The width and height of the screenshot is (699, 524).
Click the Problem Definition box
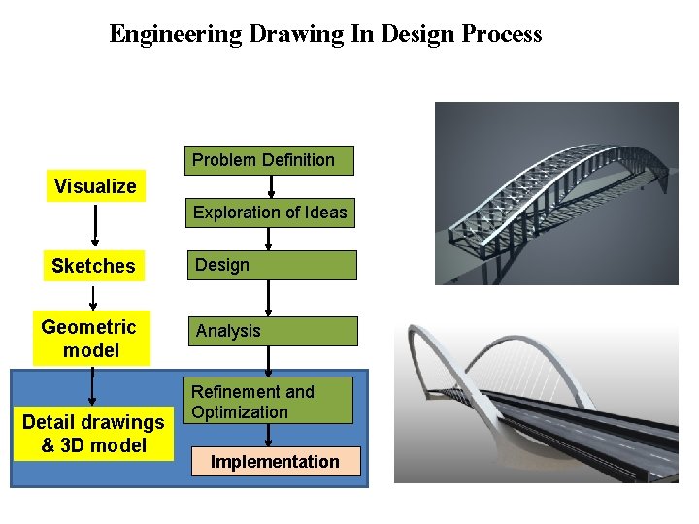(269, 160)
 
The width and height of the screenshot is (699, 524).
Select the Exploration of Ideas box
(270, 213)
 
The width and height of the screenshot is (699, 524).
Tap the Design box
(272, 265)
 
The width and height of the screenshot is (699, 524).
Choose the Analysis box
(272, 331)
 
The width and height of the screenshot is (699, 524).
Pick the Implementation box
(276, 462)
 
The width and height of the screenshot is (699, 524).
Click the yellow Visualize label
(95, 186)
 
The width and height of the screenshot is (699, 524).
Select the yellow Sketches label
(93, 266)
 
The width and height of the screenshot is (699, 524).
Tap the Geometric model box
(91, 339)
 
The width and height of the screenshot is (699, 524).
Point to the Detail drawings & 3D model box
(93, 434)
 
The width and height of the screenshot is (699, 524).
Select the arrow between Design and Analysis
(270, 298)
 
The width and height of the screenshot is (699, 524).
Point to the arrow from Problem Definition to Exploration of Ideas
(270, 186)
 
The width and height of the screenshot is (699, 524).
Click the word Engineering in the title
(176, 34)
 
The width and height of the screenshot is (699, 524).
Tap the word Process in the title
(502, 34)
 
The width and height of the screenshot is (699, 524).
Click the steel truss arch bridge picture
(556, 194)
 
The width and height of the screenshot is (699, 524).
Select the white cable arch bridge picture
(536, 403)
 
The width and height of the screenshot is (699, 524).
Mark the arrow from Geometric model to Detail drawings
(92, 386)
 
